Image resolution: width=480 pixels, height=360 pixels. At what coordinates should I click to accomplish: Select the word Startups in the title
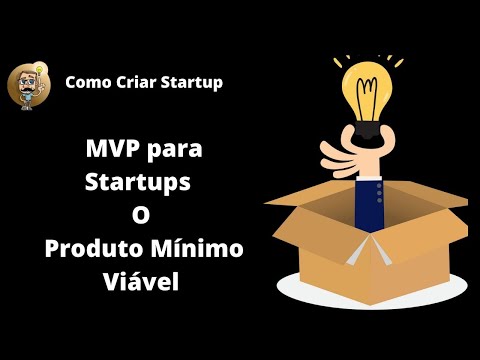tap(137, 185)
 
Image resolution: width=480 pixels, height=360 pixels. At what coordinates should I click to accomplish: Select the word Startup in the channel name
tap(191, 82)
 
